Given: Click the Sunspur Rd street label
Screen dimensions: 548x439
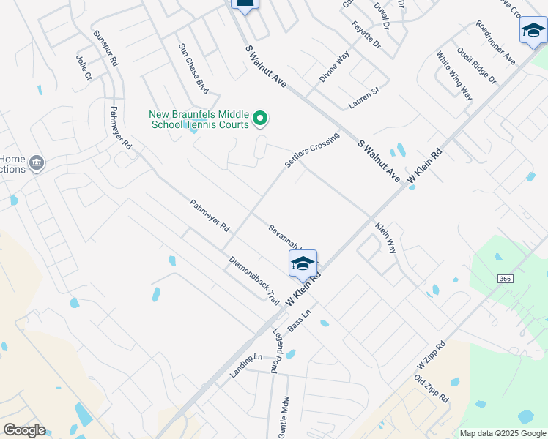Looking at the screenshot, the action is click(x=105, y=49).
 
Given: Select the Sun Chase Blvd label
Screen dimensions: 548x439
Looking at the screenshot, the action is click(x=193, y=68).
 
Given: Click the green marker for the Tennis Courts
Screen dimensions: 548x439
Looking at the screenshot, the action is click(x=259, y=118).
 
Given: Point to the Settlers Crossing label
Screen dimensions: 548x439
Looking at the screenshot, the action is click(x=312, y=150).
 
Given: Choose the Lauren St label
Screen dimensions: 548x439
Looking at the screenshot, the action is click(x=364, y=98).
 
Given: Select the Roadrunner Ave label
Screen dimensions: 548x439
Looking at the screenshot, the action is click(x=495, y=42).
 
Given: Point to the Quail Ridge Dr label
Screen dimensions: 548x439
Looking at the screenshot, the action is click(x=476, y=66).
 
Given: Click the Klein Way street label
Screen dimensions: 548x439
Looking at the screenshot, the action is click(x=386, y=238).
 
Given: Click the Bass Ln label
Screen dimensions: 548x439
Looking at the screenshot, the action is click(x=300, y=320).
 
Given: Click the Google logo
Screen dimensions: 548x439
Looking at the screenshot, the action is click(x=24, y=430).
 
